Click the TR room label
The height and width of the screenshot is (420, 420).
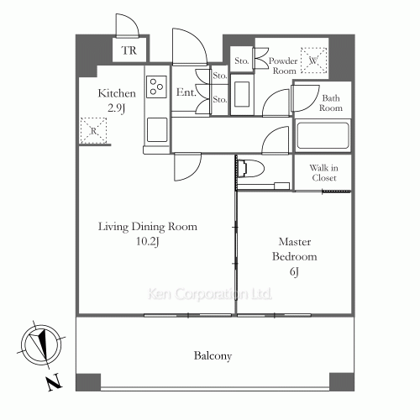(129, 50)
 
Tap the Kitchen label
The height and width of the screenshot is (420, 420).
(117, 93)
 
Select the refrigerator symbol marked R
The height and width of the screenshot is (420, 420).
(93, 130)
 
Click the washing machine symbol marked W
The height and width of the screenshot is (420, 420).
(313, 60)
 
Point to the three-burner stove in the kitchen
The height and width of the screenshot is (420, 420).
(156, 87)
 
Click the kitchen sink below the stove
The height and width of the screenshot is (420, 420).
(157, 129)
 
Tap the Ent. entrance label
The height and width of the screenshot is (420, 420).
(186, 92)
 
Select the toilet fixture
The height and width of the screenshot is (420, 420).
(251, 169)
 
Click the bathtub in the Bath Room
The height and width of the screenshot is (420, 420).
(323, 136)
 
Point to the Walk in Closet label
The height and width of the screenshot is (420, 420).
(324, 173)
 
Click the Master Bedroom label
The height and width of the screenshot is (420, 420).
(295, 249)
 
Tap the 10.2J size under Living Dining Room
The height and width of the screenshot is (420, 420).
(148, 241)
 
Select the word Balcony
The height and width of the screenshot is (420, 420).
(213, 356)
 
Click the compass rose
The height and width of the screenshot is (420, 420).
(41, 344)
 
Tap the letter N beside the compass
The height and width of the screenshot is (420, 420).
(54, 381)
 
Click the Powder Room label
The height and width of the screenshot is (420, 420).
(283, 66)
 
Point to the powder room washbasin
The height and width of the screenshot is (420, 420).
(242, 94)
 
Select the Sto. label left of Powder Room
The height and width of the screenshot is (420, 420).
(242, 60)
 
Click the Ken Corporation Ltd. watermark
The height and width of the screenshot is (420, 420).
(210, 294)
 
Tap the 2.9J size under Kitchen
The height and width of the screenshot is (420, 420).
(116, 108)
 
